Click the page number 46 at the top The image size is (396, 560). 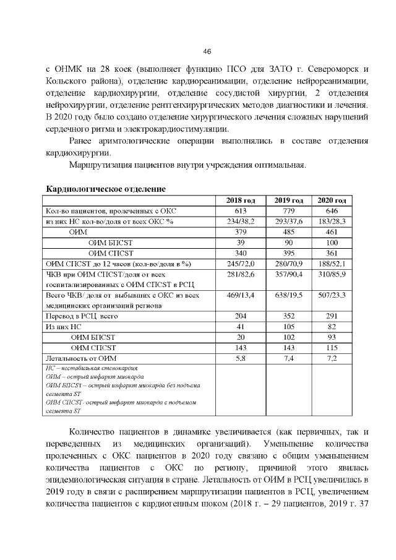pyautogui.click(x=207, y=51)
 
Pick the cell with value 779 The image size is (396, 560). pyautogui.click(x=288, y=211)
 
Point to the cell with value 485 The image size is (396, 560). pyautogui.click(x=288, y=231)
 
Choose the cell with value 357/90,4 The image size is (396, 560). pyautogui.click(x=288, y=274)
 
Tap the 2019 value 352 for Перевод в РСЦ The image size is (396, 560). pyautogui.click(x=288, y=316)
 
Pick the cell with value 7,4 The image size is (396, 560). pyautogui.click(x=288, y=358)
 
